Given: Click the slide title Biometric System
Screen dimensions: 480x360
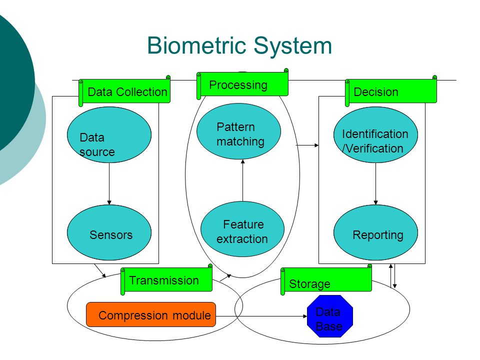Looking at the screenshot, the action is [239, 46].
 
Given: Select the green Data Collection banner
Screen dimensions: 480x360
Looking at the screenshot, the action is [124, 91].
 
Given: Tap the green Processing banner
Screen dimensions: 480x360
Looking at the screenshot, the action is [242, 84].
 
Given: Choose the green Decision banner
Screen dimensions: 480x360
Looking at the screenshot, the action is [391, 91].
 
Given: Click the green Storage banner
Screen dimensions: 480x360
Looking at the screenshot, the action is [326, 280].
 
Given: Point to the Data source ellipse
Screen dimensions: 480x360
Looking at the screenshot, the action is [109, 134].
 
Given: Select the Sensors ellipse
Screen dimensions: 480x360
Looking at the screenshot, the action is [109, 232].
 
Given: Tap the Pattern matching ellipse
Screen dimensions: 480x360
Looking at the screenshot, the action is [239, 131].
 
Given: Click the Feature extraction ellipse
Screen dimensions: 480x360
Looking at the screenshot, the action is [242, 229].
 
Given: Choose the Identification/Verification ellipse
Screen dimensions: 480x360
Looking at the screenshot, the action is [375, 134].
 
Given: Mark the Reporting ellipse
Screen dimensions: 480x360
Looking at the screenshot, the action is [375, 232].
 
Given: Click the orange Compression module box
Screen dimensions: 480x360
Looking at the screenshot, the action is [151, 314].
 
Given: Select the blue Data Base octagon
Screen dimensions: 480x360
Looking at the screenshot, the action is [330, 316].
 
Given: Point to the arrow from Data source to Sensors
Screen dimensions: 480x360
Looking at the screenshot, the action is [109, 183].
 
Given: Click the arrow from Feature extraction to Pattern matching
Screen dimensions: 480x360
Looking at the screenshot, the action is [243, 180].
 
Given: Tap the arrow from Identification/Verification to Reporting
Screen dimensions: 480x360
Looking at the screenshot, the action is [375, 183].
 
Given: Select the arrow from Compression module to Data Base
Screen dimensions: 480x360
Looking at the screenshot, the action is [261, 316].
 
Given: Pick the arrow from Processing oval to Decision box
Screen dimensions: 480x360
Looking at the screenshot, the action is [307, 145].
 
